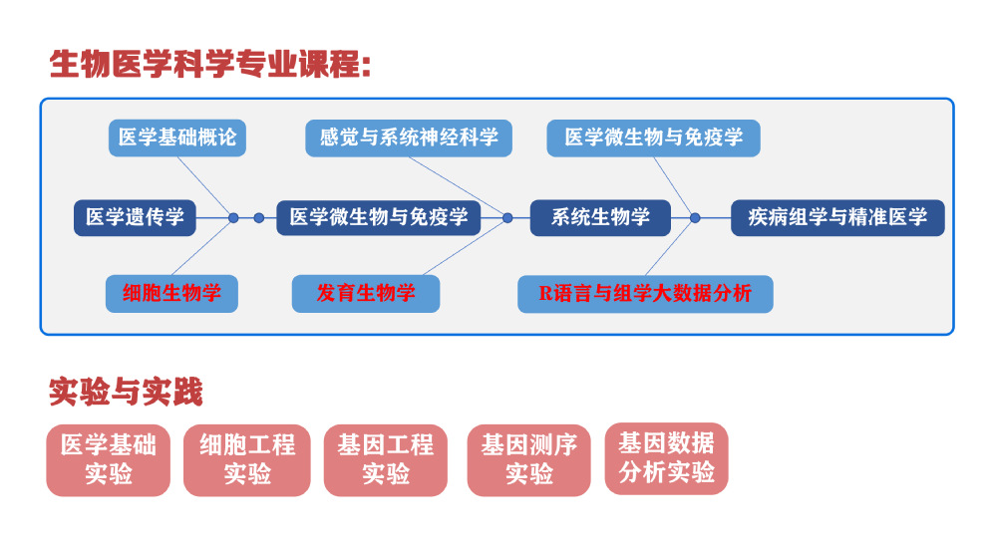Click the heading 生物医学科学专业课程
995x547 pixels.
[210, 65]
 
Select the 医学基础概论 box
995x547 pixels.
[177, 137]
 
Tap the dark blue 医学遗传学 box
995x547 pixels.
[135, 217]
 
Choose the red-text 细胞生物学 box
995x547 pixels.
[171, 294]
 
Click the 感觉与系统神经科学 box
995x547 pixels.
[409, 137]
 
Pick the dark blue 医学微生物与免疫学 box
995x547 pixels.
[378, 217]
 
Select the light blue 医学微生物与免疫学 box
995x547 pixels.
[653, 137]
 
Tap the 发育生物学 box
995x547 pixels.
[366, 294]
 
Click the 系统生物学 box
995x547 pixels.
[600, 217]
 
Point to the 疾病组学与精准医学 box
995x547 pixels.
[837, 217]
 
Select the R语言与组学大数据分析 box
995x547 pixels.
[645, 294]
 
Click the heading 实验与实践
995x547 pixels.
[126, 392]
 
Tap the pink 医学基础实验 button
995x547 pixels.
[109, 460]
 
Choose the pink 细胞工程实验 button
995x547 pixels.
[247, 460]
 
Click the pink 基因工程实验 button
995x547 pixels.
[385, 460]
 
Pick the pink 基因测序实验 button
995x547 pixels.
[528, 460]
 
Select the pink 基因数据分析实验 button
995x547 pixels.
[666, 458]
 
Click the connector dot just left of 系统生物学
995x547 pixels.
[507, 218]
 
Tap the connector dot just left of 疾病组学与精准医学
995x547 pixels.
[696, 218]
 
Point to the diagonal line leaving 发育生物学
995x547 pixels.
[464, 248]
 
